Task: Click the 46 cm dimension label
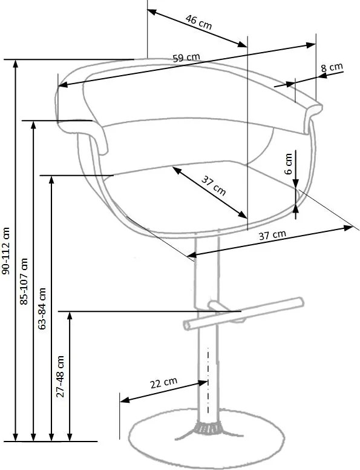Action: click(x=198, y=22)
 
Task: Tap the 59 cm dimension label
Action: click(x=186, y=58)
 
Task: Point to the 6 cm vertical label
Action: click(x=288, y=164)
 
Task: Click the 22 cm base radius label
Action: click(x=163, y=383)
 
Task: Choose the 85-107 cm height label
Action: click(x=24, y=281)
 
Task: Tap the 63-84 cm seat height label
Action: click(x=42, y=309)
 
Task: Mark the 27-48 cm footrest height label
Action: click(x=60, y=377)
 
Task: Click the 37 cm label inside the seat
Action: click(x=213, y=186)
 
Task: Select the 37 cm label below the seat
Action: click(x=272, y=235)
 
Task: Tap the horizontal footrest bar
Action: click(x=243, y=314)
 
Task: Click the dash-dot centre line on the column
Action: click(x=208, y=381)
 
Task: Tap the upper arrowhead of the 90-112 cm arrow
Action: click(x=16, y=64)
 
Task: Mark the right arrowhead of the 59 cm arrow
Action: click(x=310, y=45)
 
